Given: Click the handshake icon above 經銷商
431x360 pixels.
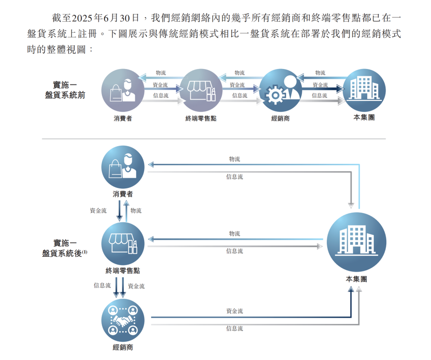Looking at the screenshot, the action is tap(123, 320).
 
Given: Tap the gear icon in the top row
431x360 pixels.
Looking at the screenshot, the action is tap(275, 95).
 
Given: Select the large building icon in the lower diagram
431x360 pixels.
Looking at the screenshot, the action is tap(356, 240).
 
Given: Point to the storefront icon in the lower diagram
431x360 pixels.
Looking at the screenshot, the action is tap(123, 243).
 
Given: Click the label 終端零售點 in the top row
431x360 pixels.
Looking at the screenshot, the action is tap(201, 119).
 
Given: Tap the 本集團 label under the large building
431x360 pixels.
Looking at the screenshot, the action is tap(356, 279).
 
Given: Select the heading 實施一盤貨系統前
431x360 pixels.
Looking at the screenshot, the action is tap(65, 90).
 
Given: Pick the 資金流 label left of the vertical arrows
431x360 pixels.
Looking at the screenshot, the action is tap(98, 211).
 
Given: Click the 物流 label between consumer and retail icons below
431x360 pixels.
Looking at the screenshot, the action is tap(136, 211).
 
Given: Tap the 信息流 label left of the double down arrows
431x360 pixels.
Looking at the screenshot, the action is tap(102, 285).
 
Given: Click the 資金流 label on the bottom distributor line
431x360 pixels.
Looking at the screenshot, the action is tap(234, 311).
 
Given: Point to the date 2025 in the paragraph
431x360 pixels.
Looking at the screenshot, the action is tap(81, 18).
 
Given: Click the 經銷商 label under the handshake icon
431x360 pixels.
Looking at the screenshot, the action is tap(123, 347).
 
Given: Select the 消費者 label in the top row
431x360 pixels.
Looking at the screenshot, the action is tap(123, 119).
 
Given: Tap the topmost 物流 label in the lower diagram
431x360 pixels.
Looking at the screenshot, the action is tap(234, 159).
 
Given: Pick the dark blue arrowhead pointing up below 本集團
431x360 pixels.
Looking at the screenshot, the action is tap(351, 289).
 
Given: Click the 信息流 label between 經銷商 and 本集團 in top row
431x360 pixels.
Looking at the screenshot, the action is tap(319, 95).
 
